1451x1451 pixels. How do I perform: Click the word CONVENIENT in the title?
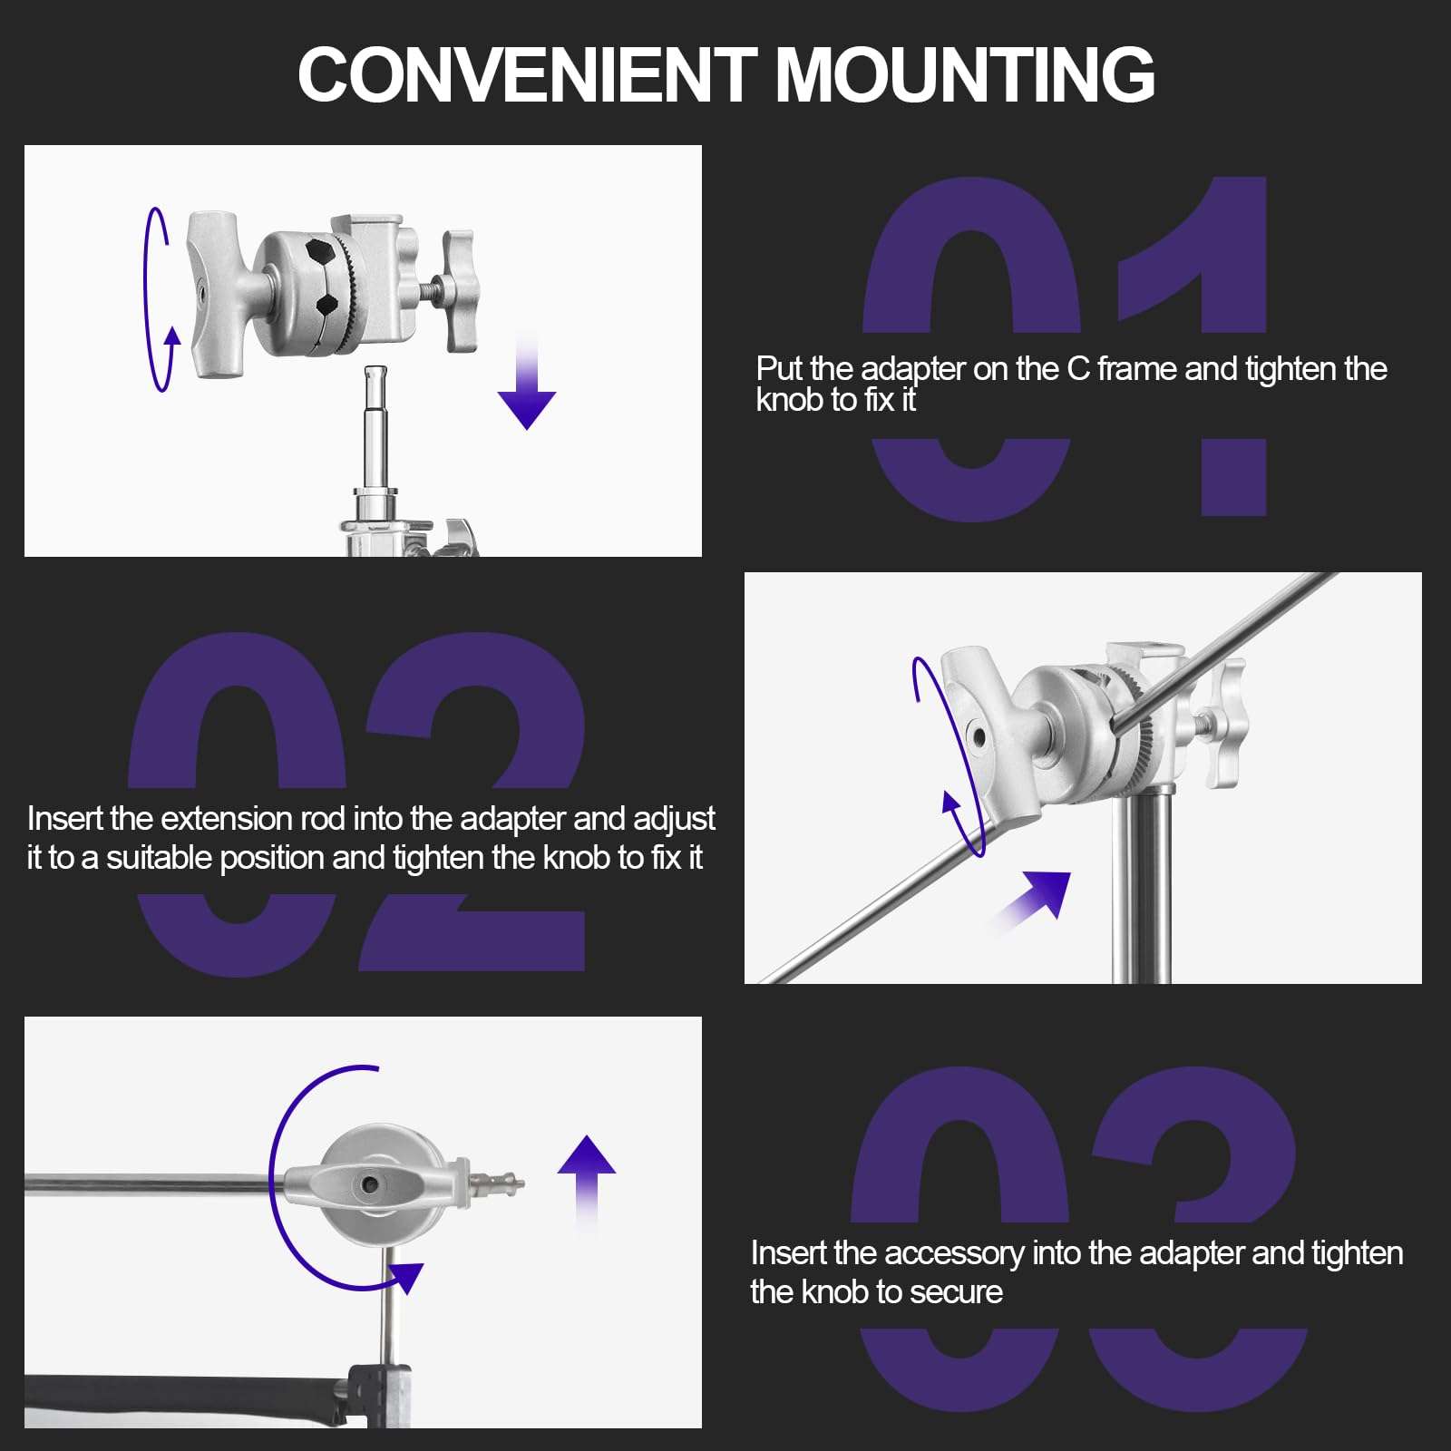527,74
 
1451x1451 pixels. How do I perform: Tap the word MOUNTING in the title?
965,74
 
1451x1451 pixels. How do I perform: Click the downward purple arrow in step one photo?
527,381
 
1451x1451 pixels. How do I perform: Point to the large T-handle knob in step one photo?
214,294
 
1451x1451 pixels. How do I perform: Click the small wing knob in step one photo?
460,290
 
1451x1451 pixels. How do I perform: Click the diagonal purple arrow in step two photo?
1029,902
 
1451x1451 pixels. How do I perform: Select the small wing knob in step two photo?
1226,724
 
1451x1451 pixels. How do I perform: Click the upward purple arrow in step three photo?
587,1183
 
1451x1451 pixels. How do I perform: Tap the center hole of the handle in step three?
370,1184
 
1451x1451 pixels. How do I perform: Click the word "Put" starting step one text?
780,369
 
